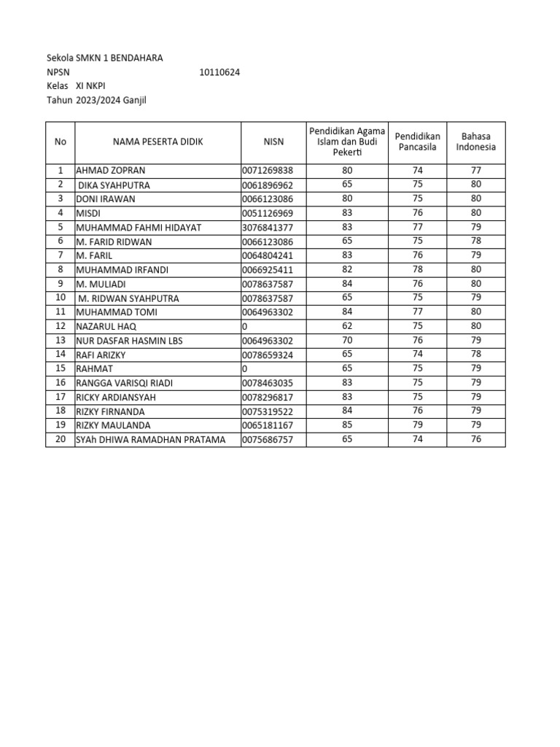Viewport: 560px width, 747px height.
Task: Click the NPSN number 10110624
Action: pos(219,72)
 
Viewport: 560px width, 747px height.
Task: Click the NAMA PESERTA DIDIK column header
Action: pos(158,142)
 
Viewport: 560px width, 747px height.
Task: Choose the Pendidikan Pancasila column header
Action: pos(417,142)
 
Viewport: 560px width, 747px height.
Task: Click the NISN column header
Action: pos(273,142)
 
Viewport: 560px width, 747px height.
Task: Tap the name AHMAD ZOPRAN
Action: pos(111,171)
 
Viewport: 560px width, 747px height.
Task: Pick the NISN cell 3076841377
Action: pos(268,228)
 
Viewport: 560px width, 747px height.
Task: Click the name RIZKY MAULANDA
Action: pos(113,425)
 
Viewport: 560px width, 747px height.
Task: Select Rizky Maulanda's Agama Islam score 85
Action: pos(346,425)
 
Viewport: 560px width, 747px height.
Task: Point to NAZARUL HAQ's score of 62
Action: pos(346,326)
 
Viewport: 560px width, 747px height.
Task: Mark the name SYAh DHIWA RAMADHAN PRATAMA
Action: pos(151,440)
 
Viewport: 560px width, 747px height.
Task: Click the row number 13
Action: pos(61,341)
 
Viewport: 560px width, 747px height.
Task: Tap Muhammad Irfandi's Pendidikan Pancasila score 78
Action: pos(417,270)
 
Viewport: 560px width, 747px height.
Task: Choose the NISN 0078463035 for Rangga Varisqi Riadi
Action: pos(268,383)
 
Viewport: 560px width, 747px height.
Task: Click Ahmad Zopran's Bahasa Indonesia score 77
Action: pos(475,171)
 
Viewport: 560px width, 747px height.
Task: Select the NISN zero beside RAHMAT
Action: pos(245,369)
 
